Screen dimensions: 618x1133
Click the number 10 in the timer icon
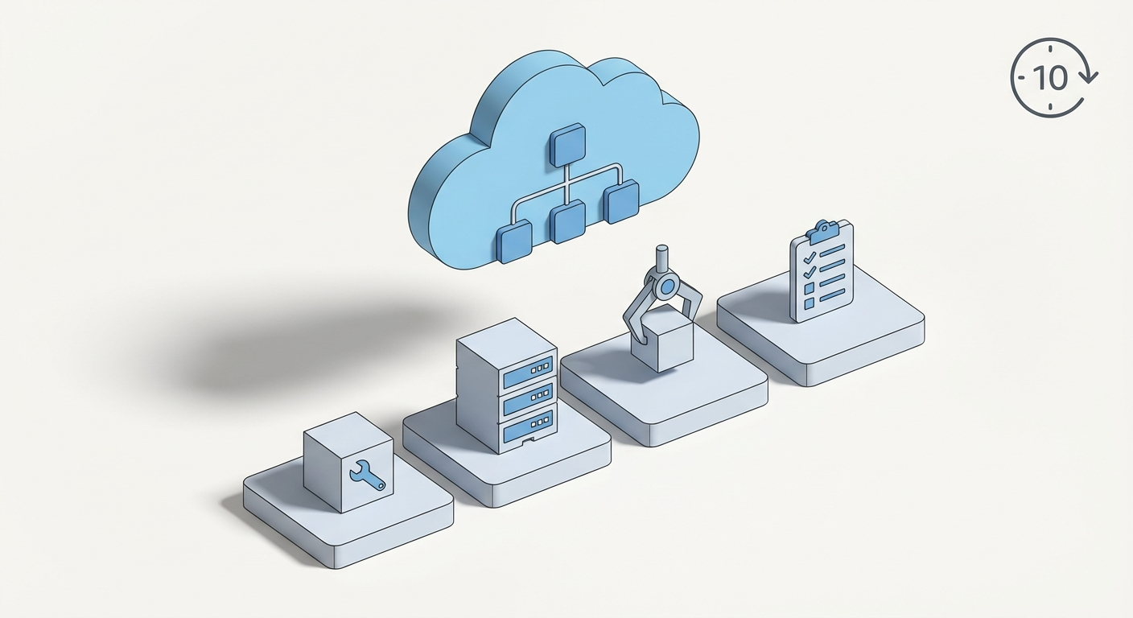click(1049, 78)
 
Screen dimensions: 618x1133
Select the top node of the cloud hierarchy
click(569, 145)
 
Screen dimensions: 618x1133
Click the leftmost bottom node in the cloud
click(515, 244)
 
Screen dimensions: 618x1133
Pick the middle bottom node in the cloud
click(568, 222)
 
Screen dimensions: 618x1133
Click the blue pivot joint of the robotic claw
click(665, 286)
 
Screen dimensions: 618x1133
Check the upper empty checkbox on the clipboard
click(810, 289)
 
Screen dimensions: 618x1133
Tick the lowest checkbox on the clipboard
click(810, 303)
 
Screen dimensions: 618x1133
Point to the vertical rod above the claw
click(662, 260)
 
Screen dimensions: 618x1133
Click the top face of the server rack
click(504, 340)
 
